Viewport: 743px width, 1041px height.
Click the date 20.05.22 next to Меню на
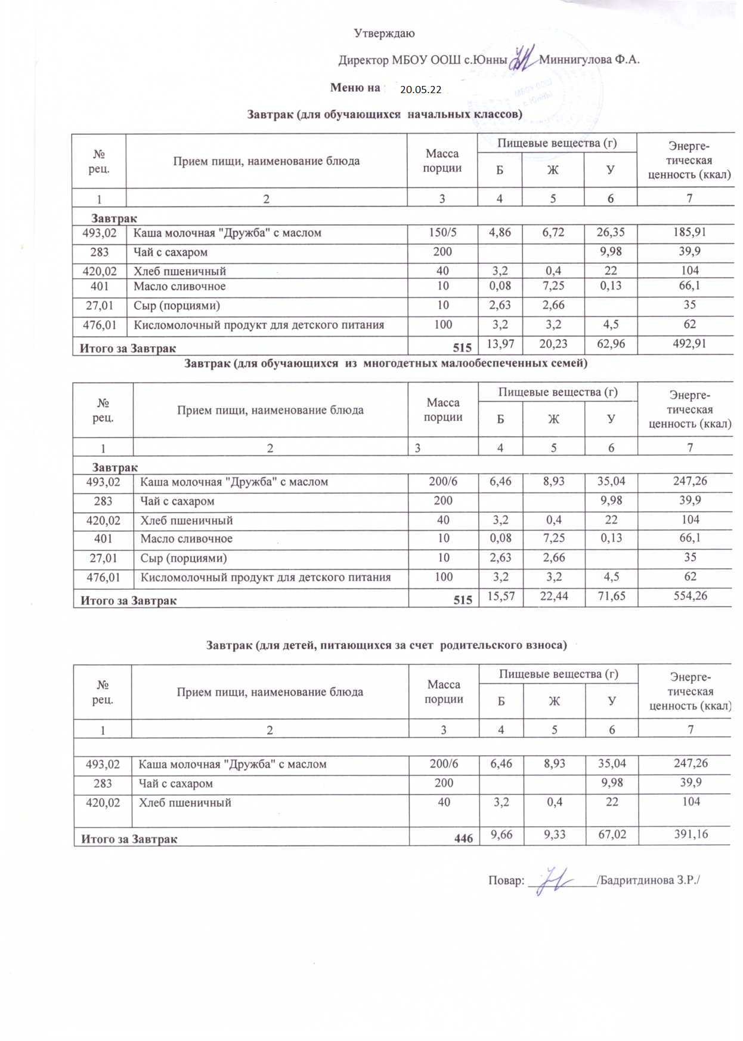tap(420, 90)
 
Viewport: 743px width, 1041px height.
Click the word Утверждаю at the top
tap(384, 33)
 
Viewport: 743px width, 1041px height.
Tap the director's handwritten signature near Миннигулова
tap(523, 58)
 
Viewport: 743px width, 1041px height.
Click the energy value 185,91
tap(689, 232)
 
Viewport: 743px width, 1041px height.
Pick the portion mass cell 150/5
tap(442, 233)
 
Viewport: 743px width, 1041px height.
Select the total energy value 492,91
tap(689, 344)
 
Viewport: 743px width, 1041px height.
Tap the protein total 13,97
tap(500, 344)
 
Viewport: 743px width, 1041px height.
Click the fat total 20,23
tap(553, 344)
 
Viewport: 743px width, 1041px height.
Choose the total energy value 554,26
tap(690, 596)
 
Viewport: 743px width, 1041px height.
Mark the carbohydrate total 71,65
tap(611, 596)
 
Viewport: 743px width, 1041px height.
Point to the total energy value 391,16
tap(691, 834)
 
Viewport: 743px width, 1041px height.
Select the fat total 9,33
tap(555, 834)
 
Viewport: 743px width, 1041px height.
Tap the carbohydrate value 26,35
tap(611, 232)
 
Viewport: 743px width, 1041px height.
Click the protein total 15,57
tap(501, 596)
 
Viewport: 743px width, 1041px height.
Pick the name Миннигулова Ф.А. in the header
tap(589, 60)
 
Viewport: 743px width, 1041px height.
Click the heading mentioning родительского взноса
tap(386, 645)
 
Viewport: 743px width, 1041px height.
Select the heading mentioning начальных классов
tap(385, 114)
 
